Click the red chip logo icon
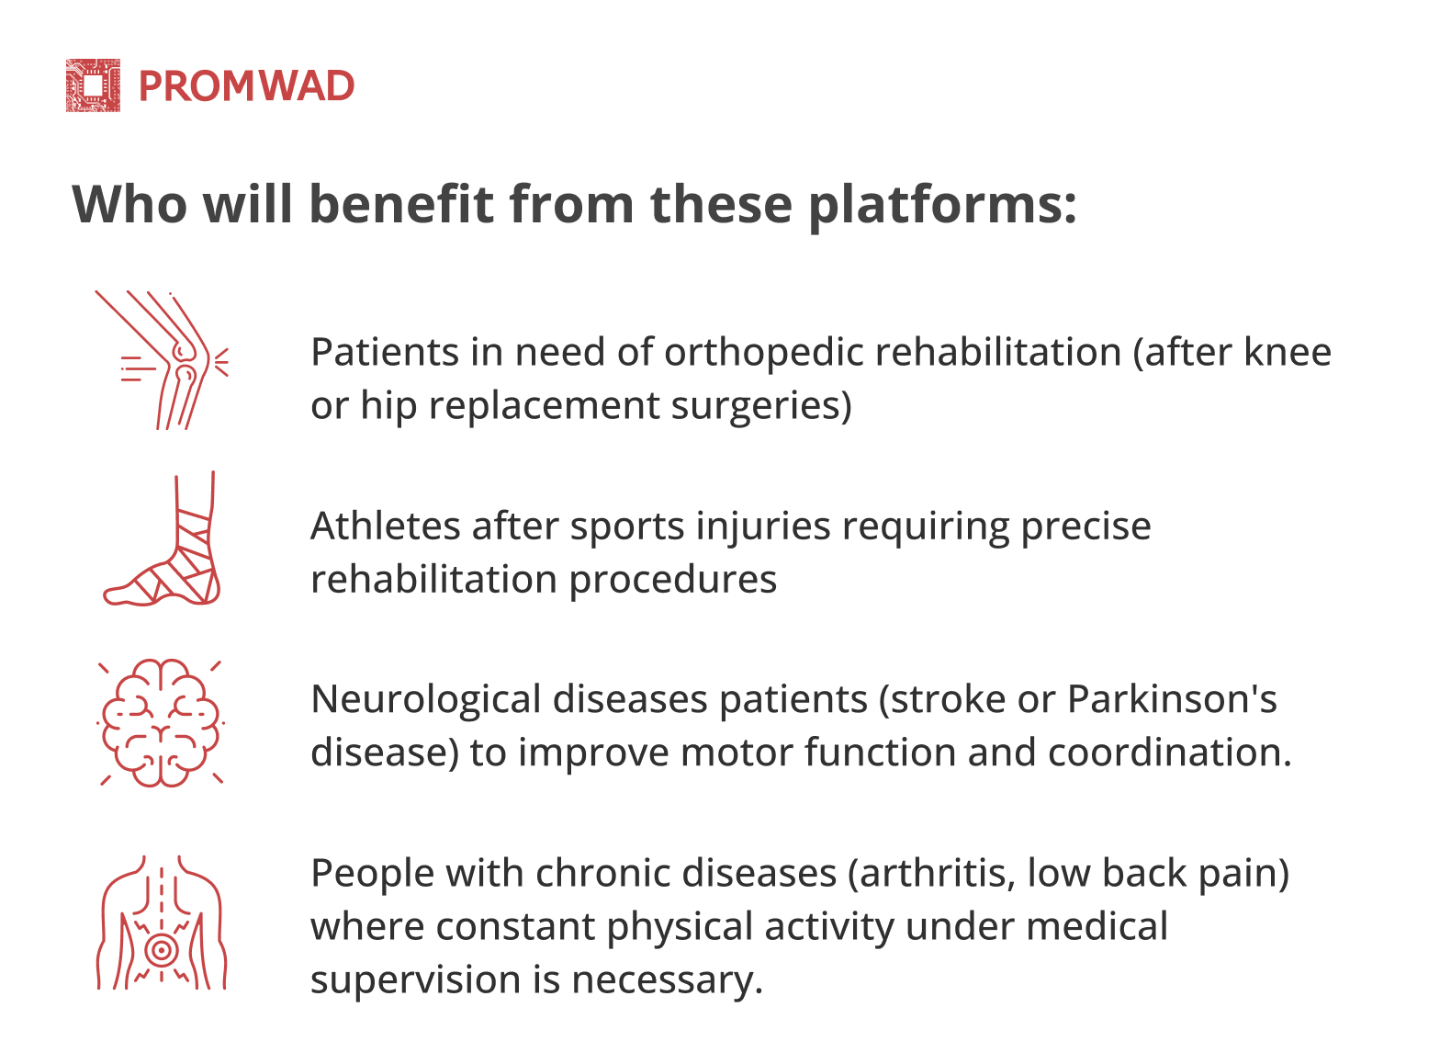coord(94,85)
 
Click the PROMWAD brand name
coord(247,86)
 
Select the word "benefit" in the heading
coord(401,204)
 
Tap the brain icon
coord(162,722)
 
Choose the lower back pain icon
coord(162,923)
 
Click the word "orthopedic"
coord(763,354)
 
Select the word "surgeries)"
coord(761,407)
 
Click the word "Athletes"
coord(386,526)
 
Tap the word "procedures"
coord(672,580)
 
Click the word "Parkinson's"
coord(1172,699)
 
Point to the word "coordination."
coord(1170,753)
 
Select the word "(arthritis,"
coord(932,874)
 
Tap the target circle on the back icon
coord(162,951)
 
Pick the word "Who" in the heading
coord(129,204)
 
